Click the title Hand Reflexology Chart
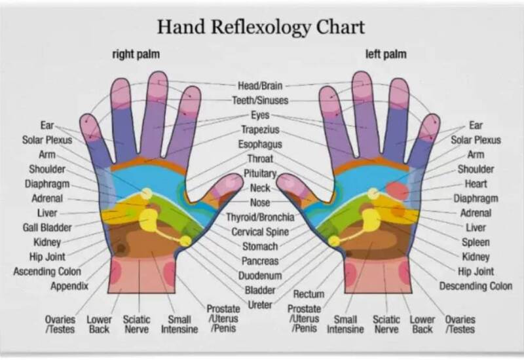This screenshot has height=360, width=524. click(261, 27)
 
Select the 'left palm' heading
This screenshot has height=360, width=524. click(386, 54)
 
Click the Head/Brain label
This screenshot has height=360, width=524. click(260, 86)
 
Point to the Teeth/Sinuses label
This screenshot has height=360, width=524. click(260, 100)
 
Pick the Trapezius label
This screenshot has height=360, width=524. click(260, 130)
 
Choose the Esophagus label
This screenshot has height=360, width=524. click(260, 144)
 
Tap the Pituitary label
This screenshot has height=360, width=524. click(260, 173)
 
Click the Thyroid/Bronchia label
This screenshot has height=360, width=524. click(260, 217)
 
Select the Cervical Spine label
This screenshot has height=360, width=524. click(260, 232)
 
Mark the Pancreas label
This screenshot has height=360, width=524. click(260, 261)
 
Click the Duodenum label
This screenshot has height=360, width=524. click(260, 276)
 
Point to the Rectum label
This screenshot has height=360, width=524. click(309, 294)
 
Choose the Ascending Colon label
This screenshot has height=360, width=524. click(47, 271)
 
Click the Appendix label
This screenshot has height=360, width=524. click(69, 285)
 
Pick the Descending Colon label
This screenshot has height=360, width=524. click(476, 286)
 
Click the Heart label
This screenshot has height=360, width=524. click(476, 183)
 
